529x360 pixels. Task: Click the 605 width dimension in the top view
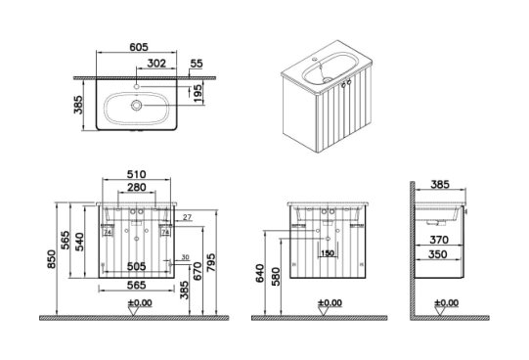point(139,47)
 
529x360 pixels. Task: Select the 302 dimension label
point(156,63)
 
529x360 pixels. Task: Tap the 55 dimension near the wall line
point(197,63)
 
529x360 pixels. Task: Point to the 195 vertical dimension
point(198,94)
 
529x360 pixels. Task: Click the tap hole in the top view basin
point(137,87)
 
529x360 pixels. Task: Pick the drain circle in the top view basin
point(137,106)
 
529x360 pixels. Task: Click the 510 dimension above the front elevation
point(136,174)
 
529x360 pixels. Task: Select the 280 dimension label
point(137,187)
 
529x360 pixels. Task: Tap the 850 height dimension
point(51,259)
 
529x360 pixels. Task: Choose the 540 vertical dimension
point(78,242)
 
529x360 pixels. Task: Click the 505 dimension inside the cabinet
point(136,266)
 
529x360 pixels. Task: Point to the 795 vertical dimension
point(210,263)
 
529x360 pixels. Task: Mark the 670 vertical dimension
point(197,272)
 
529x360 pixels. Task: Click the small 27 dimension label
point(187,217)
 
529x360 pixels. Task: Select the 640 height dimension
point(260,274)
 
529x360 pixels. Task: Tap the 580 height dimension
point(276,277)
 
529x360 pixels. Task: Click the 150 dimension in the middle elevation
point(328,253)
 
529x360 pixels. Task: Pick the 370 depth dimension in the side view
point(439,240)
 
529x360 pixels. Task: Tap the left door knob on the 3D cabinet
point(343,85)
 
